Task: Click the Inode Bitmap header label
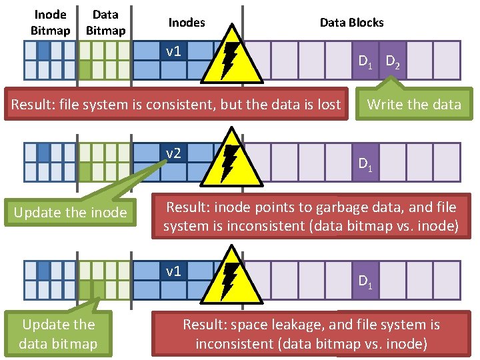point(50,23)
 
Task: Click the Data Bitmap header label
point(106,23)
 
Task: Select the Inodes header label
point(187,23)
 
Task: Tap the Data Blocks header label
point(351,23)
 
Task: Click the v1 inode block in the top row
point(173,51)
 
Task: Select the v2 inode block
point(173,154)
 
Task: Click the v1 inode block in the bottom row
point(173,271)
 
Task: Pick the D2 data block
point(393,61)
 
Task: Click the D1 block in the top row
point(365,61)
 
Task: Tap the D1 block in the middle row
point(365,163)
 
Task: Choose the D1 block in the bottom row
point(365,281)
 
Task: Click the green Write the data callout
point(414,104)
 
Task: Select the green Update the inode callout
point(70,213)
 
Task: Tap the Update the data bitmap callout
point(58,334)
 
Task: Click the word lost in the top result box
point(327,105)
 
